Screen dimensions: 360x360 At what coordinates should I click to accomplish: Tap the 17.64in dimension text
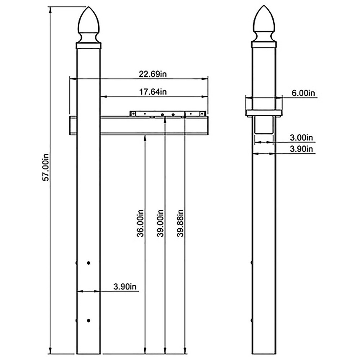pyautogui.click(x=153, y=92)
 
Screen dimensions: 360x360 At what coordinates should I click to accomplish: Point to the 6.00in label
pyautogui.click(x=303, y=93)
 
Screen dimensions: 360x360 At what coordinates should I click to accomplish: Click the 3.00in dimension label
pyautogui.click(x=301, y=138)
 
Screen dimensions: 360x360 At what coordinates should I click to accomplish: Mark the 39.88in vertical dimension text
pyautogui.click(x=180, y=223)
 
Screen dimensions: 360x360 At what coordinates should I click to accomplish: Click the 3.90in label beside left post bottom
pyautogui.click(x=125, y=287)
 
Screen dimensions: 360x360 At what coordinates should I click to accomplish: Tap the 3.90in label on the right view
pyautogui.click(x=301, y=149)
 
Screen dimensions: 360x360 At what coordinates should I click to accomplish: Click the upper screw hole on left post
pyautogui.click(x=89, y=264)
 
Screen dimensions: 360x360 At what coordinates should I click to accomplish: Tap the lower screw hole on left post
pyautogui.click(x=89, y=320)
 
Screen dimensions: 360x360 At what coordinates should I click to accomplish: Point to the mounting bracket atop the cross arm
pyautogui.click(x=168, y=113)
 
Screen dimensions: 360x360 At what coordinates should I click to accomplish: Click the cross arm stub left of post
pyautogui.click(x=72, y=125)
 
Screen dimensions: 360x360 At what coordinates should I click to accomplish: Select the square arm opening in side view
pyautogui.click(x=264, y=125)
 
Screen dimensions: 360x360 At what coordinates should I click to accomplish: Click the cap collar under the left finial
pyautogui.click(x=88, y=45)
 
